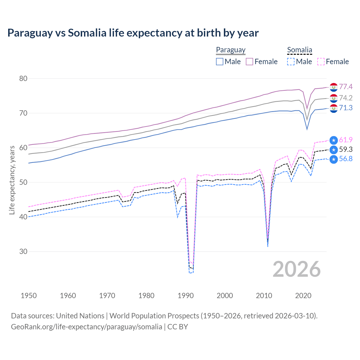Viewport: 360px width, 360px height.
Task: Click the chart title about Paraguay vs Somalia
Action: [133, 33]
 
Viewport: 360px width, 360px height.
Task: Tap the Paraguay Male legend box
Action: [220, 62]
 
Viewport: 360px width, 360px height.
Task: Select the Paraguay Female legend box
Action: [249, 62]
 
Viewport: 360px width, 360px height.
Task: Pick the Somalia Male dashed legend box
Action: [291, 62]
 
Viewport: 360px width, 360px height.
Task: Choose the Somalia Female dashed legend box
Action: [321, 62]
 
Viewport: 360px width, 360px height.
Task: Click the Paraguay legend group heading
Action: [231, 50]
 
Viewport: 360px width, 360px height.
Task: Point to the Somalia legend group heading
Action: [300, 50]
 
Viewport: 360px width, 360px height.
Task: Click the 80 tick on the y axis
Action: [23, 78]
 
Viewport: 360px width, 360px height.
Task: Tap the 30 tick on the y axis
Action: [23, 251]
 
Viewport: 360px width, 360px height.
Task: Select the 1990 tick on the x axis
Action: [186, 296]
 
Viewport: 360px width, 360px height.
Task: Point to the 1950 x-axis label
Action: [29, 296]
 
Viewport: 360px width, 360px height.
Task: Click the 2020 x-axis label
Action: [303, 296]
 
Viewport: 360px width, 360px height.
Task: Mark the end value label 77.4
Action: [346, 87]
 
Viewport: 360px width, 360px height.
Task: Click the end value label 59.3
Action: [346, 149]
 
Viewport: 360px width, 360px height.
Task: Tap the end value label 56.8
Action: [346, 159]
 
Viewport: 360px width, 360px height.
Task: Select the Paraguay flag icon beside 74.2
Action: [334, 98]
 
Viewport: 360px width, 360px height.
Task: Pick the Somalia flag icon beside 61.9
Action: [334, 140]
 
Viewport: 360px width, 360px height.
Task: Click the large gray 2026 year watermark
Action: [296, 269]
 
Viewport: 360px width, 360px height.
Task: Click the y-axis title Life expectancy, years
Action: [12, 180]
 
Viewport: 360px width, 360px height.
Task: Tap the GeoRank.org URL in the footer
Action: [86, 327]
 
